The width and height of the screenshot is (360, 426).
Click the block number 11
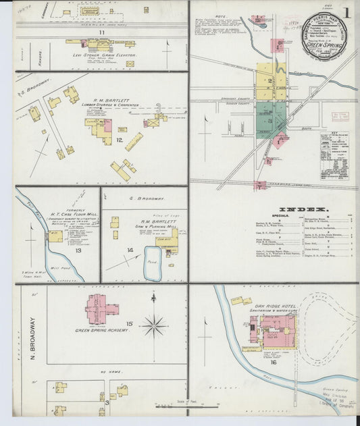point(101,32)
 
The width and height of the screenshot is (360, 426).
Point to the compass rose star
point(154,327)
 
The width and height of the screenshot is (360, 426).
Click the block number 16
point(274,362)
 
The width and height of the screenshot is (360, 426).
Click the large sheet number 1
point(346,13)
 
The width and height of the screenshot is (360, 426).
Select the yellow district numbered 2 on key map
point(269,81)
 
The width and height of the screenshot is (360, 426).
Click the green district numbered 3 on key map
point(269,122)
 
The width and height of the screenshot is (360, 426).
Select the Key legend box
point(335,155)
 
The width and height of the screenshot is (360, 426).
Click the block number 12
point(119,140)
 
